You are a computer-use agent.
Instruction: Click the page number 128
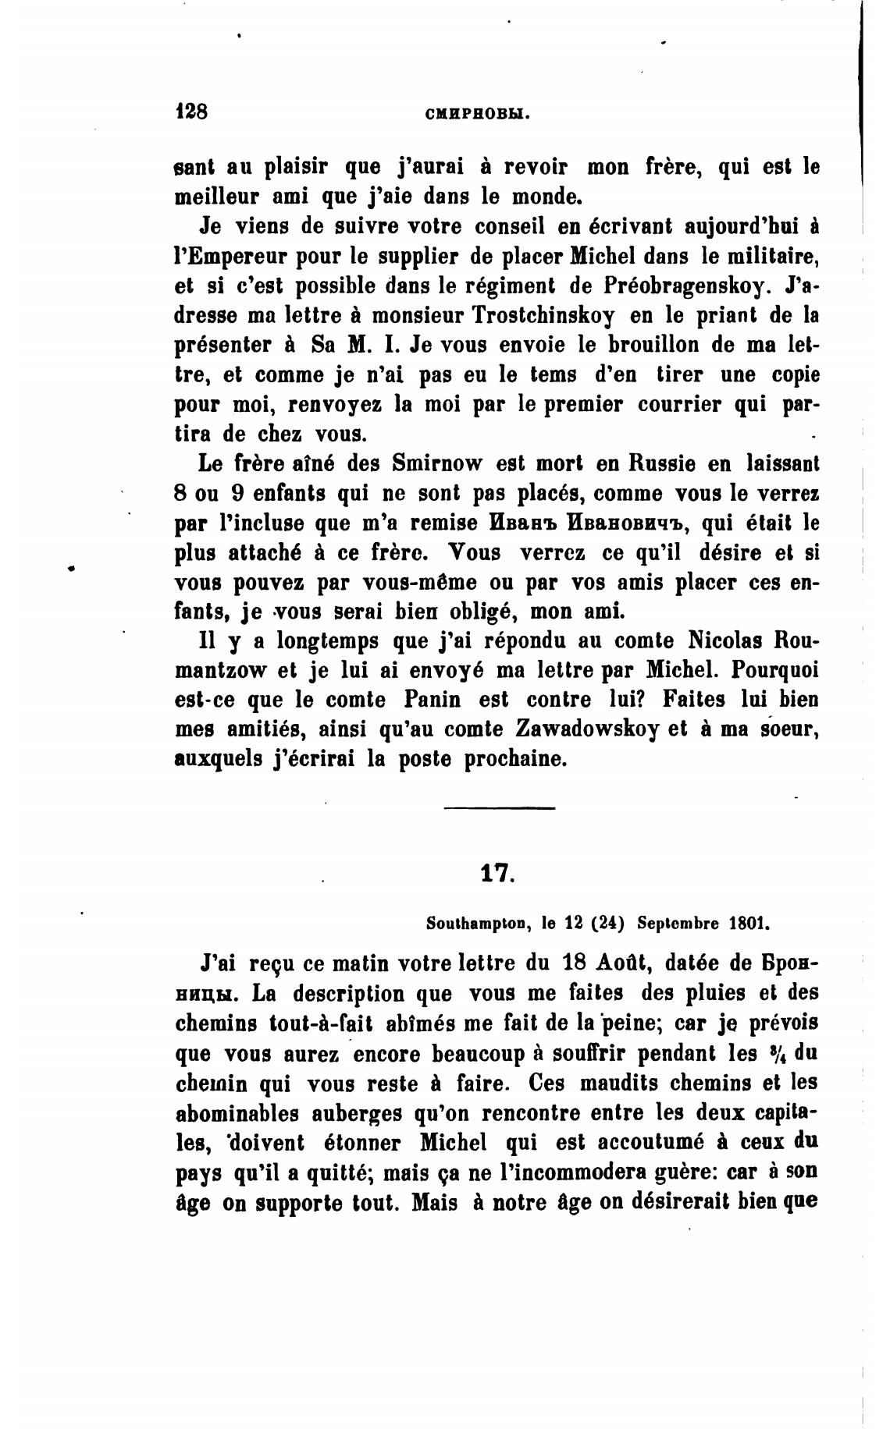pos(191,111)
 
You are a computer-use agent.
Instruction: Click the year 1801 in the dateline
pos(749,924)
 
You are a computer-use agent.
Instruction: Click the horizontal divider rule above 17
pos(499,807)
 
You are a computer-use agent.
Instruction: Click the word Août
pos(614,963)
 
